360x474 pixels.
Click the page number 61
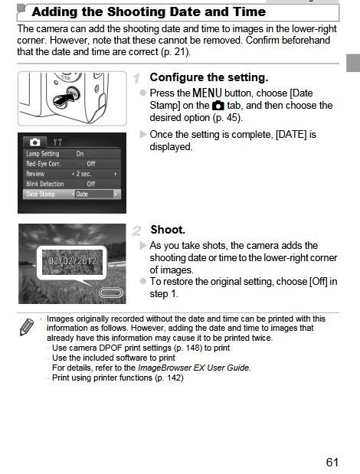tap(332, 463)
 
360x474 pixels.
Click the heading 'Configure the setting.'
tap(209, 77)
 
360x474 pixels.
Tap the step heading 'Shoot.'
tap(168, 230)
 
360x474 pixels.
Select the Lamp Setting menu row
tap(72, 154)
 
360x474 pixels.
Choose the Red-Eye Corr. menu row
tap(72, 164)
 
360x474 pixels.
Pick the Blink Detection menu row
tap(72, 184)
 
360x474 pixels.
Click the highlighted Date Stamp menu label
tap(41, 194)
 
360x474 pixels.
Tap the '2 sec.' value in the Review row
tap(83, 174)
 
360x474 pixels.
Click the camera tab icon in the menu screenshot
tap(34, 142)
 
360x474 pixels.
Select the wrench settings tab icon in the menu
tap(57, 142)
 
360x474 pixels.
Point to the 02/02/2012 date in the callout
tap(73, 261)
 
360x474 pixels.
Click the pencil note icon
tap(27, 327)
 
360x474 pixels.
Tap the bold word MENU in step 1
tap(207, 93)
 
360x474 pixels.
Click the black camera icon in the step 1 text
tap(218, 106)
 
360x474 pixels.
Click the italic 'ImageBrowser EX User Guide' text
tap(195, 368)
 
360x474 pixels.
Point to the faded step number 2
tap(136, 230)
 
